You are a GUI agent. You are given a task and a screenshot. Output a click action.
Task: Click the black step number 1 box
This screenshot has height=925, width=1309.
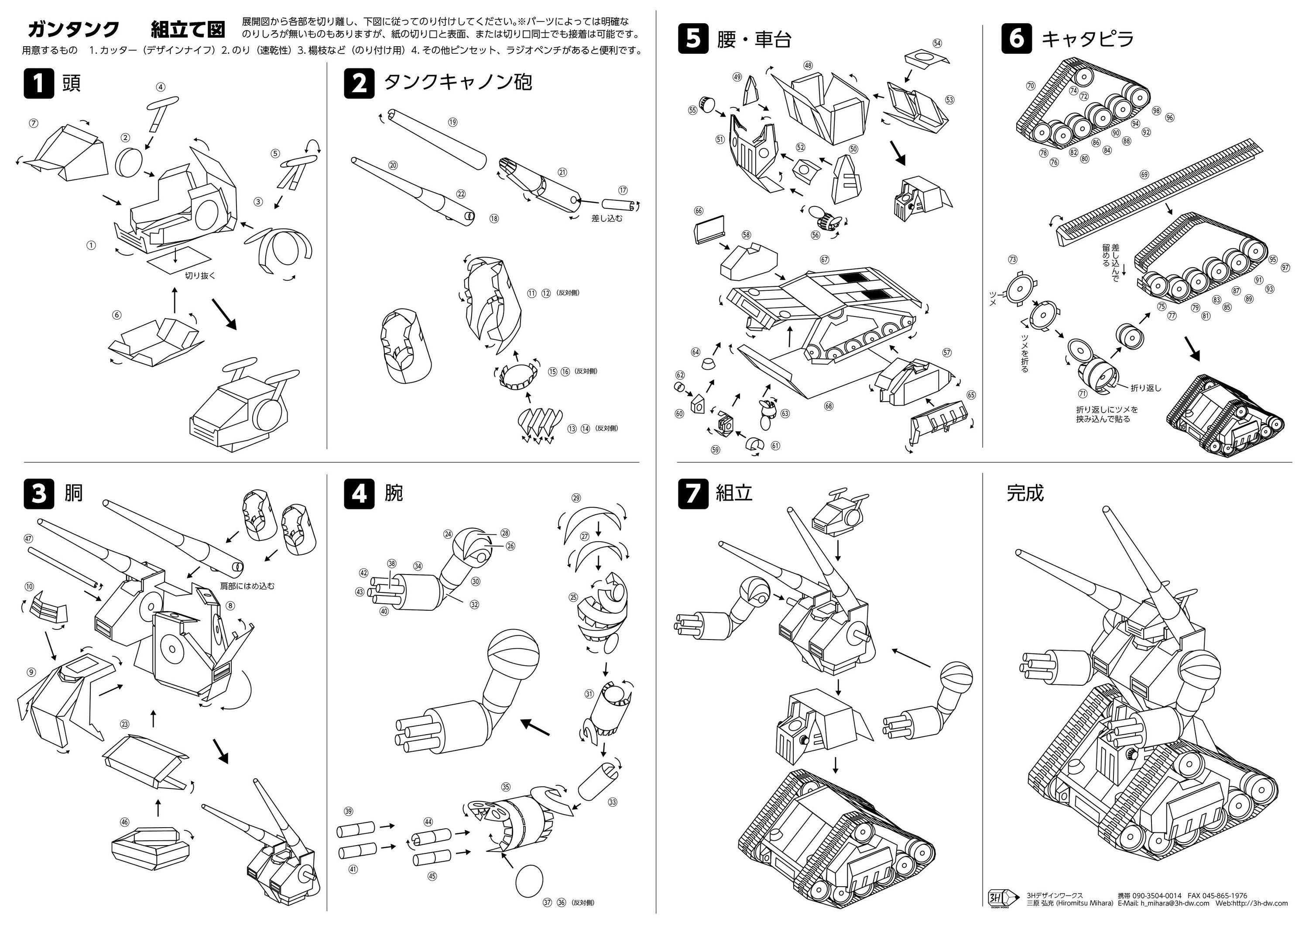[39, 83]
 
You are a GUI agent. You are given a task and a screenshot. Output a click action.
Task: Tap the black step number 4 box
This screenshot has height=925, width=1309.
[359, 493]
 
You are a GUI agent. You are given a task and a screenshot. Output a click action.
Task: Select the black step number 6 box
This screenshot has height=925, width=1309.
[1017, 39]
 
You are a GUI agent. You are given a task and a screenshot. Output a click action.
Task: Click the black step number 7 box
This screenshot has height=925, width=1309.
[693, 493]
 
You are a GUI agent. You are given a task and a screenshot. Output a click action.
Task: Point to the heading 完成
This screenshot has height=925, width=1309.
[1025, 493]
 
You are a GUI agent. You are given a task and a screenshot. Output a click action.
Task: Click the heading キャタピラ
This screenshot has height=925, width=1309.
[1087, 39]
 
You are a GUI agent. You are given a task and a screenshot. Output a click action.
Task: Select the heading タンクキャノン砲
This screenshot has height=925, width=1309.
[458, 83]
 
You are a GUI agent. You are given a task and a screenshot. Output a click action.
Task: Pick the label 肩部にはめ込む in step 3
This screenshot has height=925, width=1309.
[247, 586]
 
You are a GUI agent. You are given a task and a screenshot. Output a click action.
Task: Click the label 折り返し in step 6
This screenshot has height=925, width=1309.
[1146, 388]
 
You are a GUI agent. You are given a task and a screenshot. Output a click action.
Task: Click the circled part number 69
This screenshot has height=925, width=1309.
[1144, 175]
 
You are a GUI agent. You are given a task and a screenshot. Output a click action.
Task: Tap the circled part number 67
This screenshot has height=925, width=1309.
[824, 259]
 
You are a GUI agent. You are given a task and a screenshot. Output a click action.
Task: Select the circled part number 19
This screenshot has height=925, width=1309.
[452, 122]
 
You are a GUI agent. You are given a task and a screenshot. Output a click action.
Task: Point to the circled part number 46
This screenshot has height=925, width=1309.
[124, 822]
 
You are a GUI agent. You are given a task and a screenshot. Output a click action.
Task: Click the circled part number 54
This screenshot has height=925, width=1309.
[937, 43]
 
